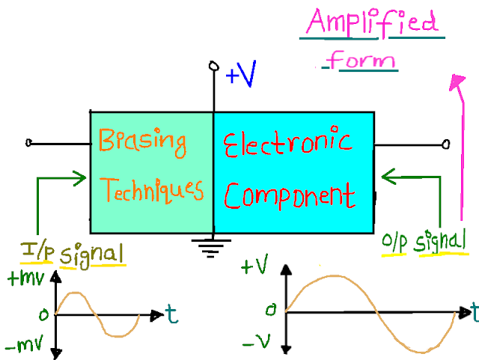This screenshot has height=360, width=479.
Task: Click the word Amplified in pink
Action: [371, 24]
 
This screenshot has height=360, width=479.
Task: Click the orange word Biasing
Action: [142, 142]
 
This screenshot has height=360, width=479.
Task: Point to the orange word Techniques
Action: [153, 190]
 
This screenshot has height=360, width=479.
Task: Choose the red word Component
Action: [289, 195]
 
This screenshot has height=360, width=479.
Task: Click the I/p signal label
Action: [72, 252]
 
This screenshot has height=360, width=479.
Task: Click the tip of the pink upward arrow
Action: [454, 77]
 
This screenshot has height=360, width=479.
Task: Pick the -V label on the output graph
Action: [254, 343]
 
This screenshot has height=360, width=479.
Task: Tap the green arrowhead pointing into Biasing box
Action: [83, 178]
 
